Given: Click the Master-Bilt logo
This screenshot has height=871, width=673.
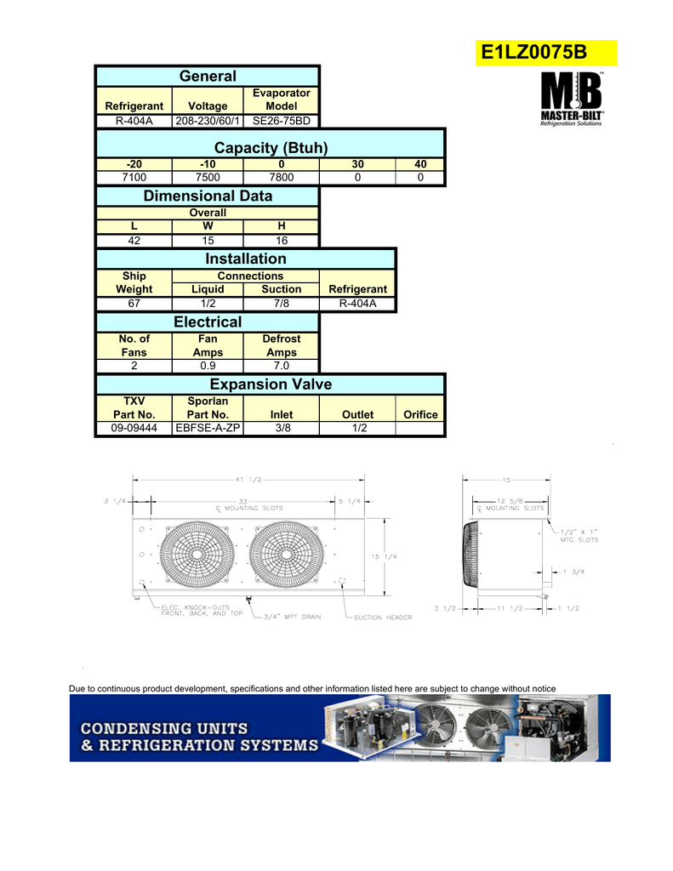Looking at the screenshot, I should click(573, 100).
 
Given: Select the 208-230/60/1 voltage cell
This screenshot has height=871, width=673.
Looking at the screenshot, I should click(208, 120).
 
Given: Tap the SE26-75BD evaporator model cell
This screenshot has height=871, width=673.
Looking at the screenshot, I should click(281, 120).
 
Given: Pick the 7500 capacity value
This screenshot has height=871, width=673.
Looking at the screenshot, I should click(208, 177).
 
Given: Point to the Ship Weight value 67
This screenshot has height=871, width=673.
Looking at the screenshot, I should click(134, 303).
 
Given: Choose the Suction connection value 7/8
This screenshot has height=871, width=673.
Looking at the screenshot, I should click(281, 303).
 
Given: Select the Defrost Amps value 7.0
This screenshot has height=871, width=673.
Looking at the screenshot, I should click(281, 366).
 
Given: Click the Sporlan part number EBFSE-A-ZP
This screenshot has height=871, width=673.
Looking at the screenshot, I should click(208, 429).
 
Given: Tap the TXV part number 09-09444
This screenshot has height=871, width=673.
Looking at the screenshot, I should click(134, 429).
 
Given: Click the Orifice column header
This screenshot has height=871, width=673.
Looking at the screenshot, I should click(420, 414).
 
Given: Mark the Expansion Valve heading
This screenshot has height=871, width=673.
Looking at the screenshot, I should click(270, 384).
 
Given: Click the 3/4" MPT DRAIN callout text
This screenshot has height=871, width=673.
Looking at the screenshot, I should click(291, 617).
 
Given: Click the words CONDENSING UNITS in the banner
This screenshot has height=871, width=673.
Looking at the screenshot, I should click(164, 728).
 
